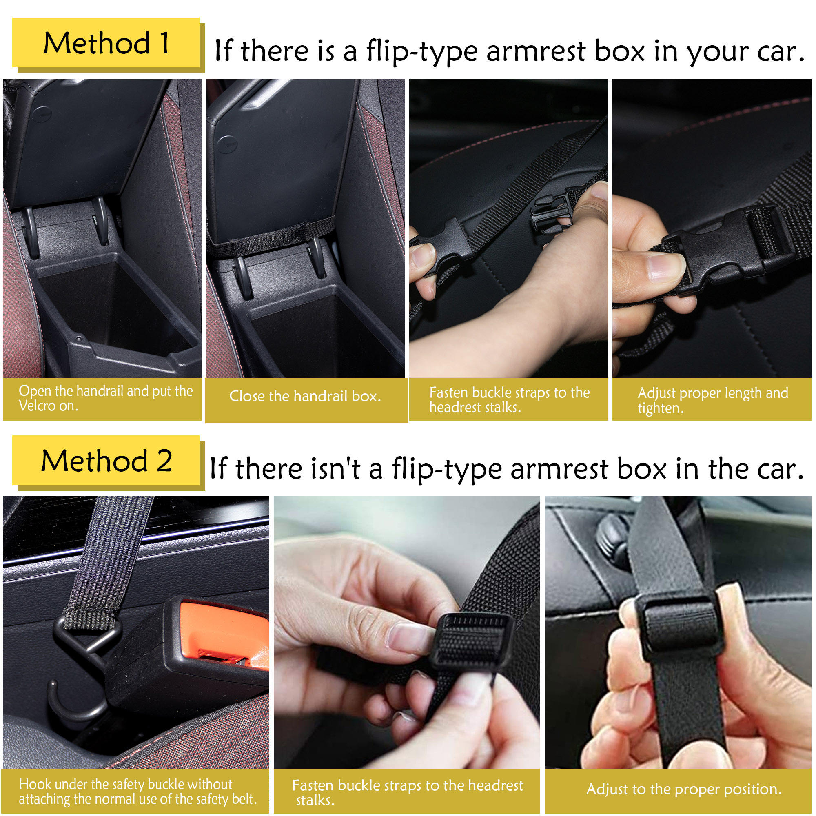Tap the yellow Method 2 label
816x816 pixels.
tap(106, 460)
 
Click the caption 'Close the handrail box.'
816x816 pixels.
tap(305, 396)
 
